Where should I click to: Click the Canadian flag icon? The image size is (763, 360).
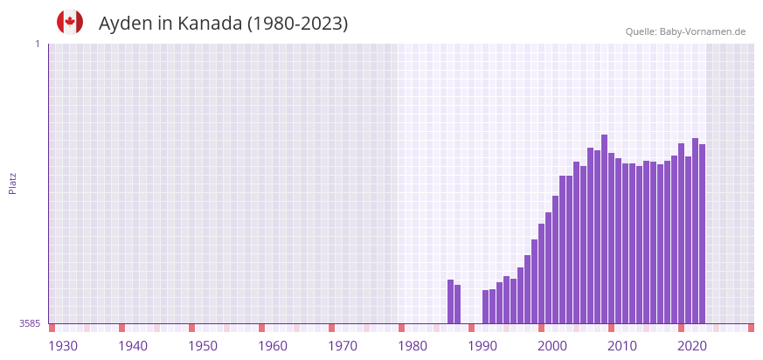70,22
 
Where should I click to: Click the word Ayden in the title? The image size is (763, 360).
126,24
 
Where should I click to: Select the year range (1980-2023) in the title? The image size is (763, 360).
297,24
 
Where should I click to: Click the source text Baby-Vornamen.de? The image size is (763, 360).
702,31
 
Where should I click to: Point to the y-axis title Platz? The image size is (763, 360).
13,183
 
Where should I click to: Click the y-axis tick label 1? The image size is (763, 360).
37,44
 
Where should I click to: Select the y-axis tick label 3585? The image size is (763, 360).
30,323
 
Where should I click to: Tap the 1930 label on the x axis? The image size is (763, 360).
63,346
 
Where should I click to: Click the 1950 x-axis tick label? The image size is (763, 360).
203,346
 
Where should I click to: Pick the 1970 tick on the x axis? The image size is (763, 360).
343,346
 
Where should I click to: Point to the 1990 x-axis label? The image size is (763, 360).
482,346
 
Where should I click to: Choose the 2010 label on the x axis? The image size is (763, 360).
622,346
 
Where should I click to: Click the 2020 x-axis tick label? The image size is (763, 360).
692,346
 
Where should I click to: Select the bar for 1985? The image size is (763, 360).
451,301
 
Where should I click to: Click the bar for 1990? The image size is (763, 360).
486,307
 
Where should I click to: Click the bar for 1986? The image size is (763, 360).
458,304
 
